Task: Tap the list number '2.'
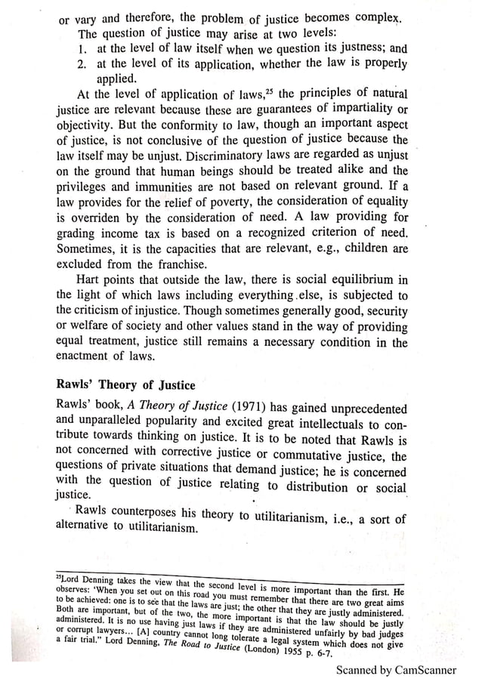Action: (84, 66)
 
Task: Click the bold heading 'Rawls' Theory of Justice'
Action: (126, 384)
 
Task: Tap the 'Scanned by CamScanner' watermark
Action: (396, 669)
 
